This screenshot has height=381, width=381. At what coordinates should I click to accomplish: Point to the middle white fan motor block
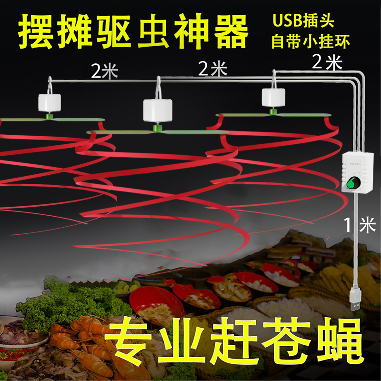(157, 110)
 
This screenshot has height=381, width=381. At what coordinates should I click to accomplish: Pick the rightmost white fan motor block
(273, 98)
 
